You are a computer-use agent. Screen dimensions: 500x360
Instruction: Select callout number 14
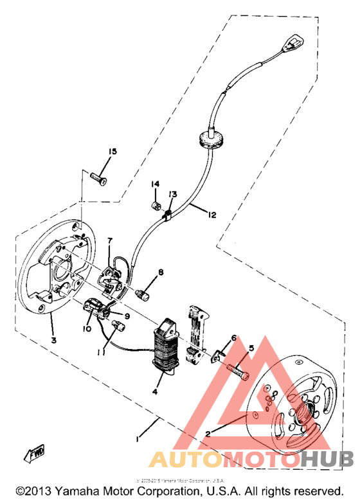155,184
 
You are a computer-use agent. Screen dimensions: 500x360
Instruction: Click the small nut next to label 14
154,205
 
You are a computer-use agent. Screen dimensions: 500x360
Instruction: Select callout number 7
110,241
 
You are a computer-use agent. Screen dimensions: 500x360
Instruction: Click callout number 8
160,272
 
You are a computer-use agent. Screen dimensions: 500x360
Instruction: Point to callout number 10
86,328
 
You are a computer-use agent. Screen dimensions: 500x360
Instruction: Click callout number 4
154,391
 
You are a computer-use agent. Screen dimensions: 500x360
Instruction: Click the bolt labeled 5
237,370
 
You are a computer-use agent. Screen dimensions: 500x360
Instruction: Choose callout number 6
234,337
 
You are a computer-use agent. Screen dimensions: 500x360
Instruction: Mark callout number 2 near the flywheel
207,433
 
